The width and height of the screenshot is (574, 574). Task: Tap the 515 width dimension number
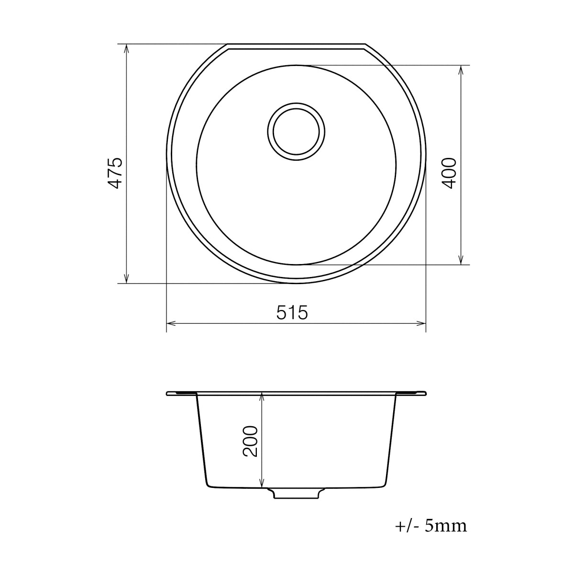(291, 313)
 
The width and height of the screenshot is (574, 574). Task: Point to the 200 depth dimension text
(251, 441)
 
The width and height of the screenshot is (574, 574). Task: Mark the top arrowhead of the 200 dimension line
(262, 397)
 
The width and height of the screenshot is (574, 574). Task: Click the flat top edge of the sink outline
(297, 44)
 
